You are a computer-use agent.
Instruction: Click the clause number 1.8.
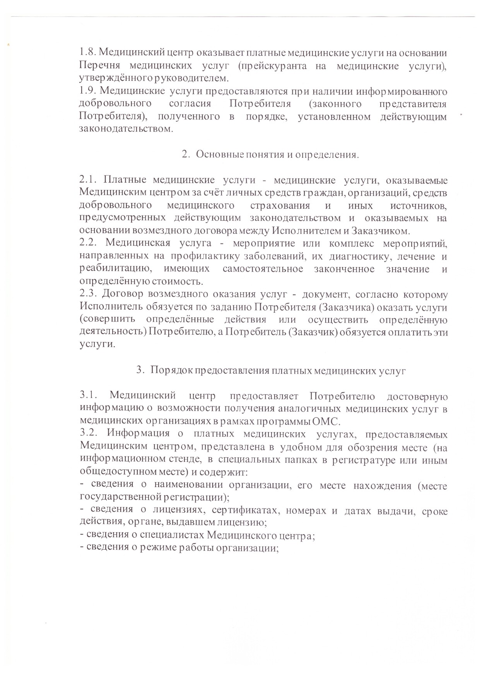point(87,53)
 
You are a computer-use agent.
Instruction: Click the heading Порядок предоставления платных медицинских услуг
point(278,370)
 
